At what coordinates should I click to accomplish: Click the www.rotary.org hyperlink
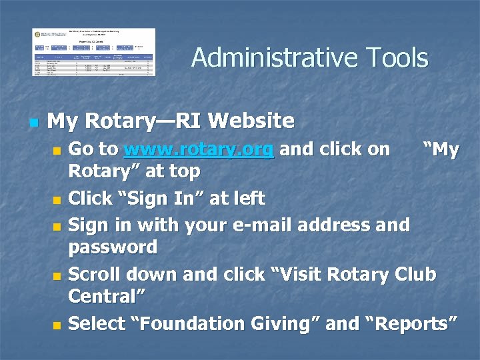coord(199,149)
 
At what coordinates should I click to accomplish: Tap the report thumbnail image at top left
coord(94,52)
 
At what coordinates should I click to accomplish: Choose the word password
coord(113,247)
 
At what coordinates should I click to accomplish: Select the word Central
coord(107,295)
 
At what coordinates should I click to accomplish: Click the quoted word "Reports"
coord(411,323)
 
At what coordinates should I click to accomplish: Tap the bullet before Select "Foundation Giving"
coord(57,325)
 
